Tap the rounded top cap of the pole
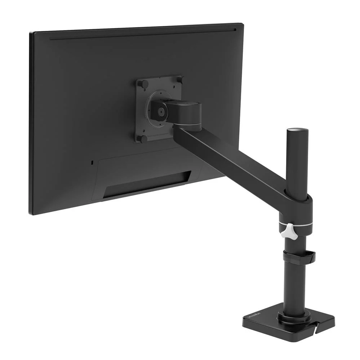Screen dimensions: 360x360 297,130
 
